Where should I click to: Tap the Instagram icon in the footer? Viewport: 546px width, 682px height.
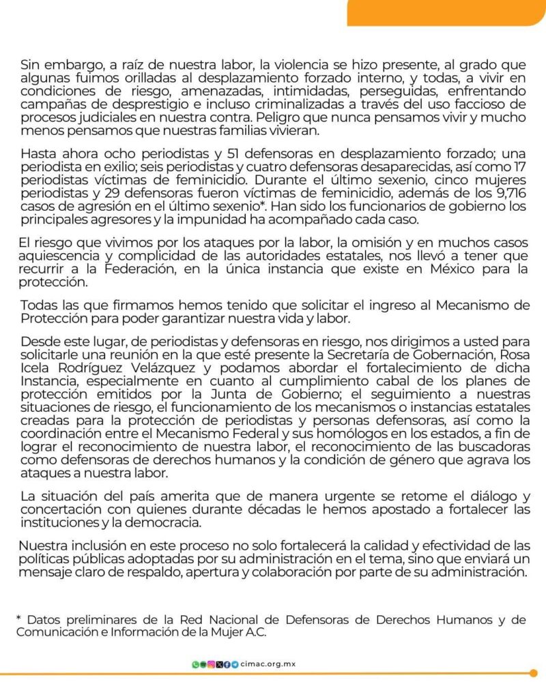pyautogui.click(x=212, y=664)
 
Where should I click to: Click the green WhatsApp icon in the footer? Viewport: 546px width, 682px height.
pyautogui.click(x=196, y=664)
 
